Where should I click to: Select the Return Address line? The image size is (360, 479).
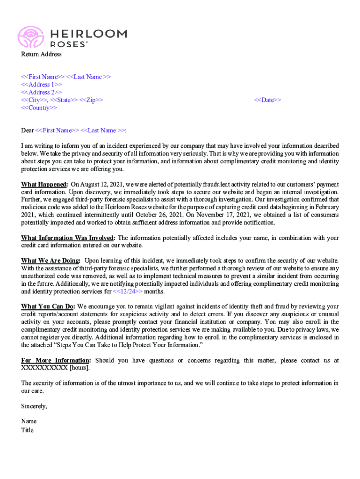[41, 54]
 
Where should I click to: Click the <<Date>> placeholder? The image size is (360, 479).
[267, 100]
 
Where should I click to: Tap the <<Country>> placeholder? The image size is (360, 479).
[39, 108]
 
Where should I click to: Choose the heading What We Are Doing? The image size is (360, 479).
[50, 260]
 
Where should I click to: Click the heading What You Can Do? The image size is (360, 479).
[48, 306]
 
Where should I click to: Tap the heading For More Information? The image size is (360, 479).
[56, 360]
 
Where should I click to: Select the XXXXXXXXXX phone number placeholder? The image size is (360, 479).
[44, 368]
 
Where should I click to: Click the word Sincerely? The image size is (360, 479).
[34, 406]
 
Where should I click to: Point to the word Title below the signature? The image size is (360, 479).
[27, 430]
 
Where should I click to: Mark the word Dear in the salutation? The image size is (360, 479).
[28, 131]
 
